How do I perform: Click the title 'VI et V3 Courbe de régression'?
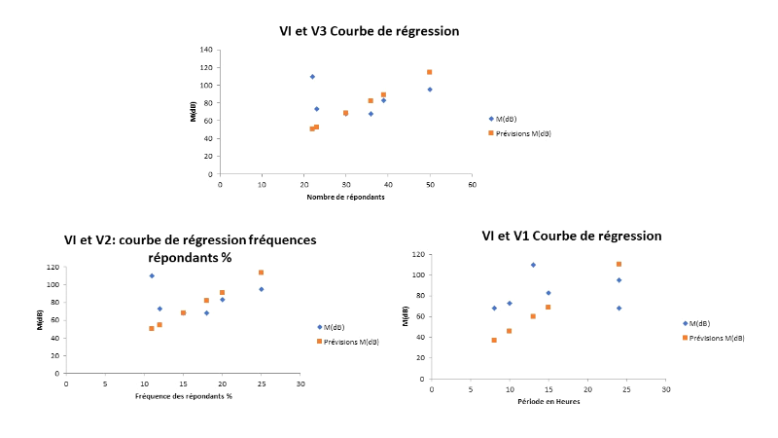[369, 31]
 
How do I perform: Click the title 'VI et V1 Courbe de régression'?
[572, 236]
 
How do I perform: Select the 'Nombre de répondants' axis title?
[345, 198]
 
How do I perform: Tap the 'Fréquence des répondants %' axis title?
[183, 396]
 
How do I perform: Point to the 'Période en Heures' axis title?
[548, 401]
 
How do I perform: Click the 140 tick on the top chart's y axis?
[205, 50]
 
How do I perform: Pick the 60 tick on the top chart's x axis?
[472, 184]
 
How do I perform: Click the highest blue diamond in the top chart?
[312, 76]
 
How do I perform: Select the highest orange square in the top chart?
[429, 72]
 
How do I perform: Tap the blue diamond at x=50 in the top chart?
[429, 90]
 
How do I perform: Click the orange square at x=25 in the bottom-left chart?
[261, 273]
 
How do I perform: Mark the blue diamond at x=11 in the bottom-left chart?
[152, 275]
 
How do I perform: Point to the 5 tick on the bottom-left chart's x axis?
[105, 384]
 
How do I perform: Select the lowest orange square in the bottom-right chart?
[494, 340]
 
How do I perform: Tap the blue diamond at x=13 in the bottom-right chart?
[533, 265]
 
